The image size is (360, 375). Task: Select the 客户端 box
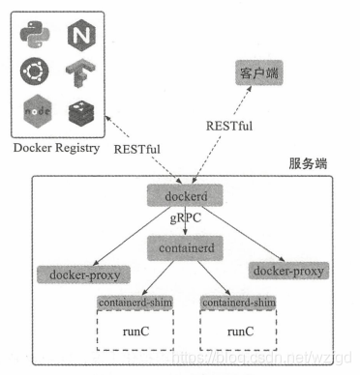[x=253, y=74]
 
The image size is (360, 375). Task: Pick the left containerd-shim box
[x=133, y=303]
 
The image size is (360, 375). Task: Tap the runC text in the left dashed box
[x=133, y=332]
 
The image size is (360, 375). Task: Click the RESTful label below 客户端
[x=230, y=126]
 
